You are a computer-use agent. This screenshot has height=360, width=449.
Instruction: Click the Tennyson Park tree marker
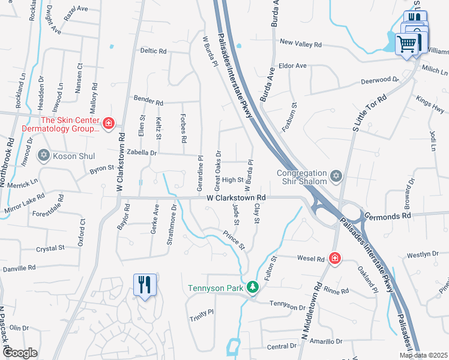tap(253, 287)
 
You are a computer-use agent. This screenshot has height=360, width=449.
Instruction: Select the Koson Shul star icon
tap(43, 155)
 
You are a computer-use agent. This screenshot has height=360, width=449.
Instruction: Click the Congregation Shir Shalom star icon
tap(336, 176)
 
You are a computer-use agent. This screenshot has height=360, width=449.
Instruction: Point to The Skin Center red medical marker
tap(108, 124)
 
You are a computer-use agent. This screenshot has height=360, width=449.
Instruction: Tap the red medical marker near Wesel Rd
tap(335, 259)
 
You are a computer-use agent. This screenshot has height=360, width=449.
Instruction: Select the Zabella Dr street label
tap(141, 154)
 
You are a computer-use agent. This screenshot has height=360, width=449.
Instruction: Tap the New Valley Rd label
tap(301, 44)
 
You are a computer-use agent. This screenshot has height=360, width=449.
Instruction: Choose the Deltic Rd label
tap(152, 52)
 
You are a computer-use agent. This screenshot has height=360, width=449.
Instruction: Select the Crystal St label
tap(50, 248)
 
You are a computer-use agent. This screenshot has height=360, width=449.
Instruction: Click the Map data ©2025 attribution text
tap(424, 355)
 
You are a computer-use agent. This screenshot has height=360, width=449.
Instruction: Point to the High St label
tap(232, 179)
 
